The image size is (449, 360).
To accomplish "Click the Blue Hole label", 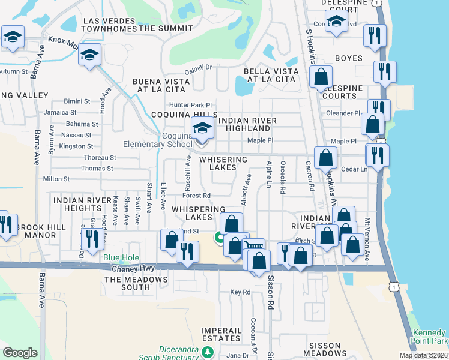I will point(116,258).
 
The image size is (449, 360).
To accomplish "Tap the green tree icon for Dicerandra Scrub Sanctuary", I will point(207,351).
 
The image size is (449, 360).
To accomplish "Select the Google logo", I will point(20,352).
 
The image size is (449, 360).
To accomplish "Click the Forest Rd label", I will point(197,196).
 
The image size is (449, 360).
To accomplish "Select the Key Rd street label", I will point(240,292).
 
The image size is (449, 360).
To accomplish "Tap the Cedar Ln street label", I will point(354,169).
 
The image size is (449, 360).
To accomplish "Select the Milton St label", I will point(56,179).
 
